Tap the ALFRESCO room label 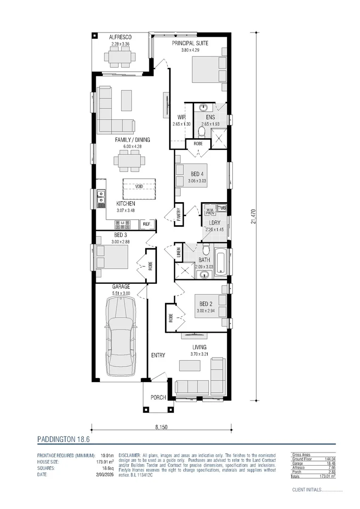tap(120, 37)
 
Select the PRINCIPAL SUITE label tap(190, 43)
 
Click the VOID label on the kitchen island tap(139, 186)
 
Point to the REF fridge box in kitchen tap(147, 224)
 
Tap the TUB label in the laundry tap(222, 208)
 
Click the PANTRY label tap(179, 214)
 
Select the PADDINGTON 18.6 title tap(63, 439)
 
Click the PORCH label tap(158, 397)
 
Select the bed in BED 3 tap(112, 257)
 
